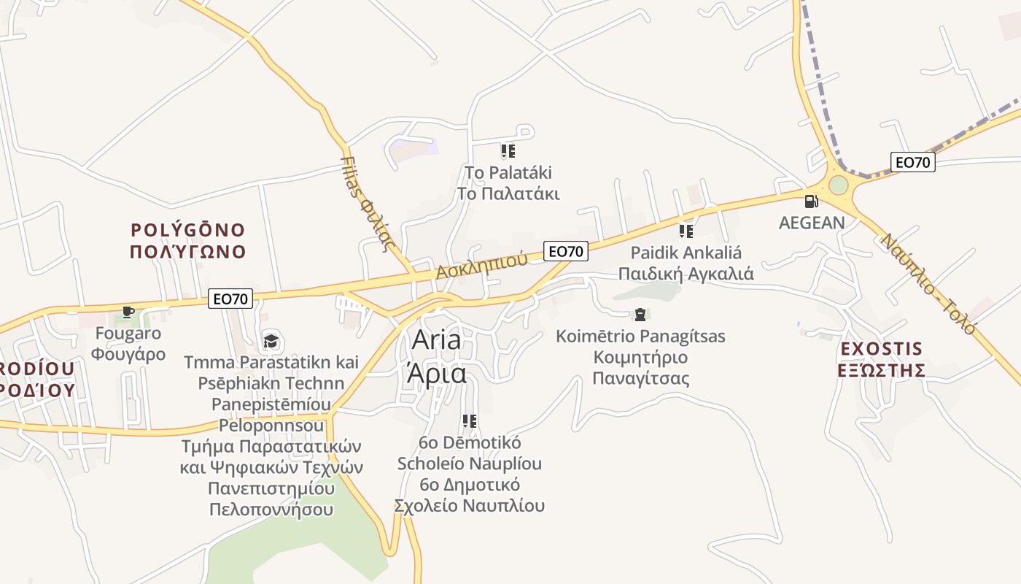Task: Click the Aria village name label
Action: (436, 356)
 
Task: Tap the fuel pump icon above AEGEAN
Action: (811, 201)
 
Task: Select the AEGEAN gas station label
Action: (812, 223)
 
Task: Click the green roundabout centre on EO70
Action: (839, 185)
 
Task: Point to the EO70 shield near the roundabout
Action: (912, 162)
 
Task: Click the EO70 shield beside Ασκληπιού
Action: (566, 251)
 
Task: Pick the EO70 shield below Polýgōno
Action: (230, 298)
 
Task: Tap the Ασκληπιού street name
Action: (481, 266)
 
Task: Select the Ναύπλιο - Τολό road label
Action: (928, 283)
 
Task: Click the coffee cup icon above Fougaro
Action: (128, 312)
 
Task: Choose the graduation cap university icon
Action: (271, 340)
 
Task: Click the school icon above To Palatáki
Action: (508, 151)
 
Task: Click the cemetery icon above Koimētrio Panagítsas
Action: (640, 315)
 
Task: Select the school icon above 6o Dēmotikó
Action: (470, 421)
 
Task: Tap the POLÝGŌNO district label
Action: (187, 241)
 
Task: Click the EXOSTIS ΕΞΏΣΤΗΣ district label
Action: (881, 359)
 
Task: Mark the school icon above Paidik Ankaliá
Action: (686, 231)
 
